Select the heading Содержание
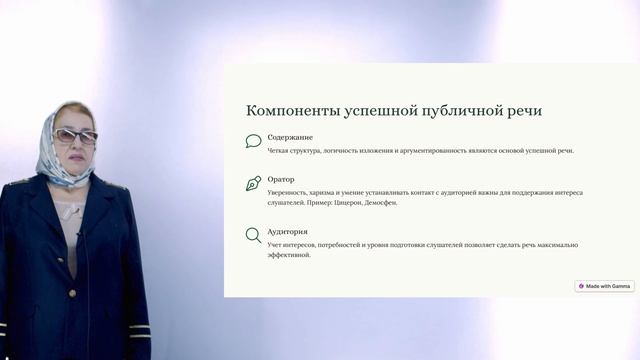290,137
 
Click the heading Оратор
281,180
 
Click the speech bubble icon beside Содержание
253,142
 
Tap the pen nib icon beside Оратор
253,184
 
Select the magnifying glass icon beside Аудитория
253,236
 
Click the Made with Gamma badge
604,286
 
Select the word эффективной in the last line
289,255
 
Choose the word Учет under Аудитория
276,244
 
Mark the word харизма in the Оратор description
335,192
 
